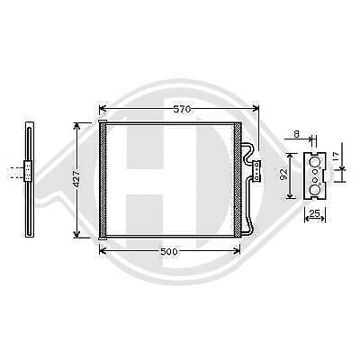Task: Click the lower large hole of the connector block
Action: coord(315,190)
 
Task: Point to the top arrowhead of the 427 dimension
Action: coord(85,124)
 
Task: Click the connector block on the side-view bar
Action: coord(31,170)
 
